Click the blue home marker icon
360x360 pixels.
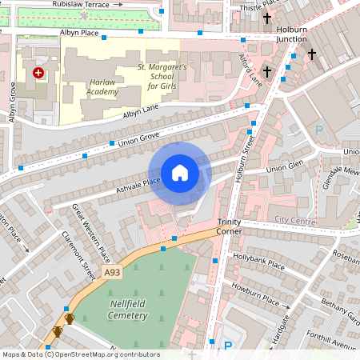[x=180, y=173]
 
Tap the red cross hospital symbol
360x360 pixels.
[x=38, y=73]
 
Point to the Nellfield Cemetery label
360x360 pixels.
[x=128, y=310]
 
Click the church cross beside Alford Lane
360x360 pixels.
[x=267, y=72]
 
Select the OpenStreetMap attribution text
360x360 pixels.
[x=80, y=354]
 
